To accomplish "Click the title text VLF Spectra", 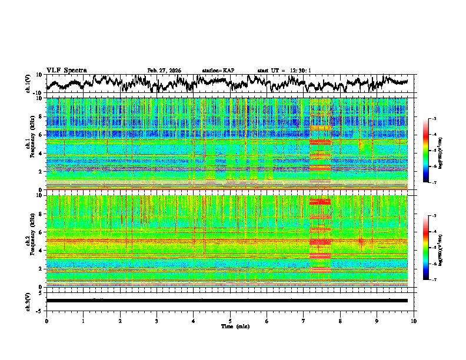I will point(66,70).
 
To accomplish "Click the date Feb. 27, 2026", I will point(164,71).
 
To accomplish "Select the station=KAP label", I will point(218,71).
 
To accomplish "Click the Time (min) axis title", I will point(230,325).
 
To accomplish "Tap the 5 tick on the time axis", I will point(230,321).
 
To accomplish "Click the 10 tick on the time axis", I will point(414,321).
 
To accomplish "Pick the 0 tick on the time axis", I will point(46,321).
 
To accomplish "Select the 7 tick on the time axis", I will point(304,321).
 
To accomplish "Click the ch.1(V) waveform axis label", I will point(28,84).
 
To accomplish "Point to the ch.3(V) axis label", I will point(28,301).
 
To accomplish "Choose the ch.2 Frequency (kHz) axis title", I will point(31,241).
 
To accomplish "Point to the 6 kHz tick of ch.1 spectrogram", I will point(42,135).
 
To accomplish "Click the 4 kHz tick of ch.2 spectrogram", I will point(42,250).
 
